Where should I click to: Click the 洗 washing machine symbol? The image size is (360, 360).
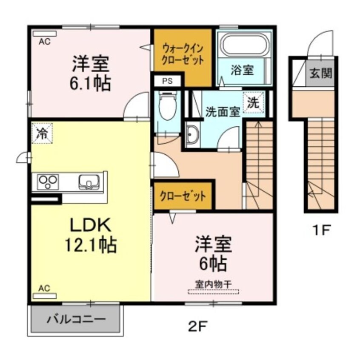pyautogui.click(x=253, y=102)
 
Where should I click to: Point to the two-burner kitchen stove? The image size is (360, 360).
pyautogui.click(x=48, y=182)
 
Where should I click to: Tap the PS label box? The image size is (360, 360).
pyautogui.click(x=167, y=82)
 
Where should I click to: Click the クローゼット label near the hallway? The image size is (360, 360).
pyautogui.click(x=183, y=196)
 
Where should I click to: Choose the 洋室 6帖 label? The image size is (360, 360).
pyautogui.click(x=213, y=254)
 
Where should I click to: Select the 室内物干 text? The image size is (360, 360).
pyautogui.click(x=213, y=284)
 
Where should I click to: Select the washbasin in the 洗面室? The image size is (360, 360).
pyautogui.click(x=193, y=135)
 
